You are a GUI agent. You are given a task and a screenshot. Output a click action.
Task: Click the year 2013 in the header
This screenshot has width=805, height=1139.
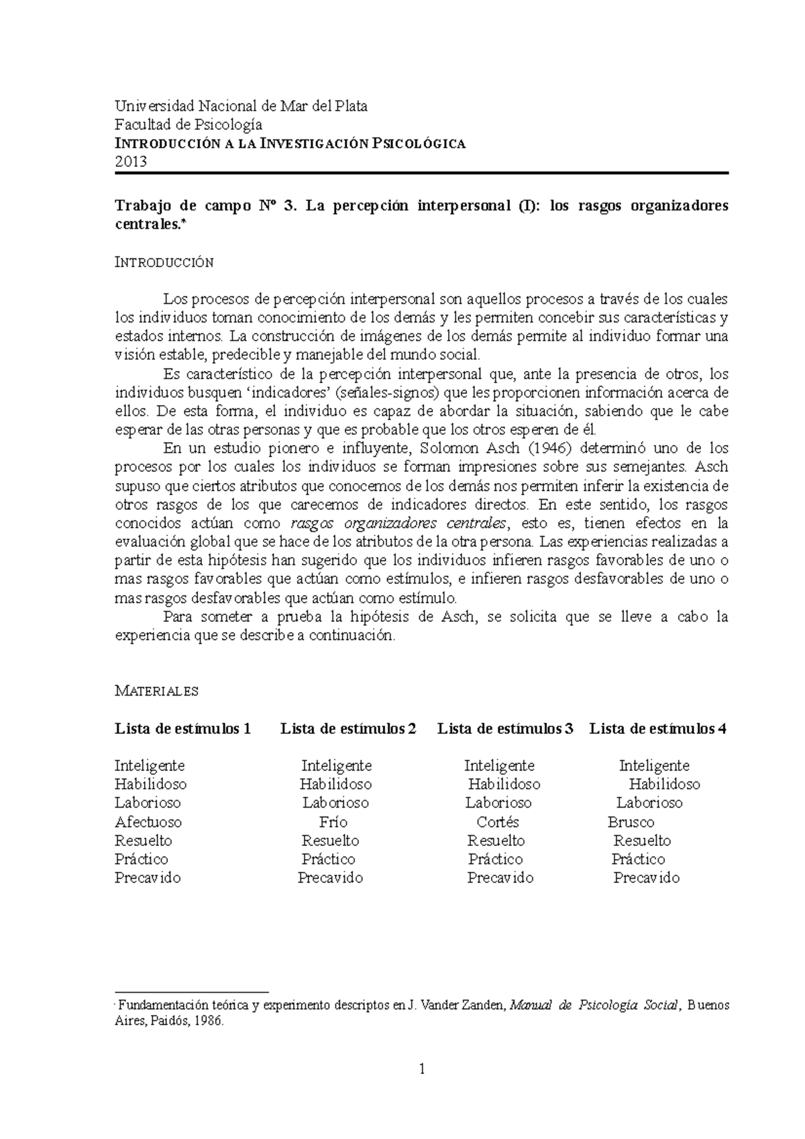point(130,162)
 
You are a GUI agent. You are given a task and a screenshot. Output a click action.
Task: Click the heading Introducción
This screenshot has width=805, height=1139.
point(164,262)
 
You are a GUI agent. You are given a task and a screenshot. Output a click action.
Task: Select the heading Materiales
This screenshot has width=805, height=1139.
point(156,691)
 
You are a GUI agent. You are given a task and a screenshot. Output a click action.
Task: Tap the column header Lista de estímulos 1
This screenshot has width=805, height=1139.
point(183,728)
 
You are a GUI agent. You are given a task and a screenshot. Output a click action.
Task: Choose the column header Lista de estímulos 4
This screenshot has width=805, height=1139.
point(657,728)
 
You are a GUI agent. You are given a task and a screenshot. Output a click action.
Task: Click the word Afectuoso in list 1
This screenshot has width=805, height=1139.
point(148,822)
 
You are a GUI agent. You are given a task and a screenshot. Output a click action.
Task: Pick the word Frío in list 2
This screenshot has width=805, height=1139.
point(333,822)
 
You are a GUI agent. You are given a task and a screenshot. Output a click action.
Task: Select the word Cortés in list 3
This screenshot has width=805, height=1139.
point(498,822)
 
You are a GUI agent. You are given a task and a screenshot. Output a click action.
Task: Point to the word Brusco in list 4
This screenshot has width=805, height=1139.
point(631,822)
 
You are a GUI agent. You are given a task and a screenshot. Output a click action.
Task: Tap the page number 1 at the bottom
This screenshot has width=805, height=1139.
point(422,1070)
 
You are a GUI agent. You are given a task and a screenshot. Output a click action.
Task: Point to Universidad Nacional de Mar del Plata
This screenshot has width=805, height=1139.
point(241,106)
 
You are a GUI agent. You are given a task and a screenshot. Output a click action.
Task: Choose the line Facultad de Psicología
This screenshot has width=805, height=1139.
point(189,125)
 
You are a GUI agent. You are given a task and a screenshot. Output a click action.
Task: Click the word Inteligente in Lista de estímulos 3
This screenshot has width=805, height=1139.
point(499,765)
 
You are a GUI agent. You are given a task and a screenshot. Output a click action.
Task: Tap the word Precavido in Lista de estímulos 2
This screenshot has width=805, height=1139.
point(330,877)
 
